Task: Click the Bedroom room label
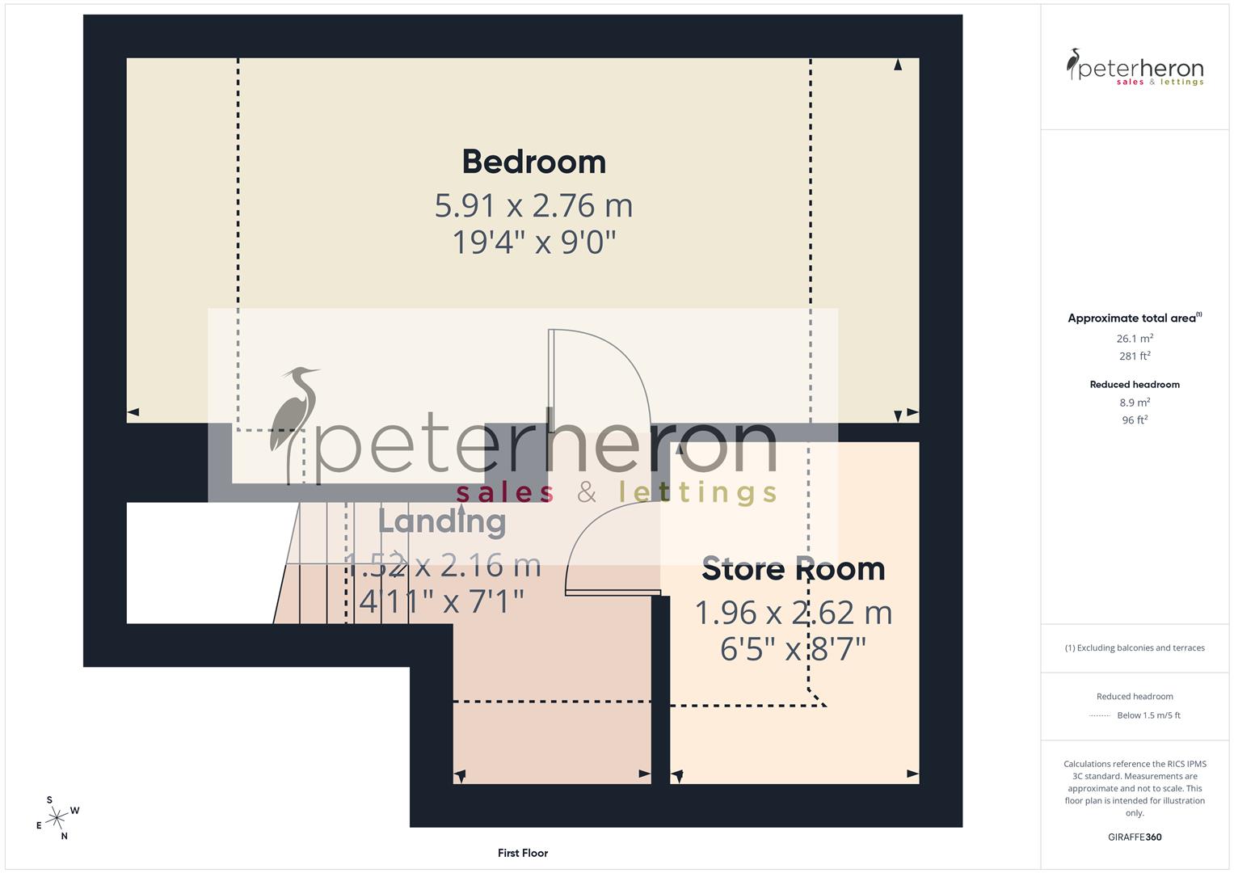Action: pos(533,162)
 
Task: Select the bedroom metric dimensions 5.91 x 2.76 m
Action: pos(533,205)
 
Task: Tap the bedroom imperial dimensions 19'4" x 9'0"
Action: pos(533,242)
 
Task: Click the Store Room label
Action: pos(793,569)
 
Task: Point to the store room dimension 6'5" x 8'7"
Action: pos(793,649)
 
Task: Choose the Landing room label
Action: pos(442,521)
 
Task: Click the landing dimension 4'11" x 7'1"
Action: pos(442,601)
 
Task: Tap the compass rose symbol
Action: pos(57,818)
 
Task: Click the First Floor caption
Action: pos(523,853)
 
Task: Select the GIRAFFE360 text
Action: pos(1135,837)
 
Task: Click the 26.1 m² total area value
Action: pos(1135,339)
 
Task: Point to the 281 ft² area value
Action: pos(1135,356)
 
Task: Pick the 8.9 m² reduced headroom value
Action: pos(1135,402)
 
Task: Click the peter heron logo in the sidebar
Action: pos(1135,68)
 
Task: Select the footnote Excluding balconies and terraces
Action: pos(1135,647)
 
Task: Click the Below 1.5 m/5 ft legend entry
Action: pos(1148,715)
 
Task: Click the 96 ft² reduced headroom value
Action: pos(1135,420)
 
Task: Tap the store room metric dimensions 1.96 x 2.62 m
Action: pos(793,613)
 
